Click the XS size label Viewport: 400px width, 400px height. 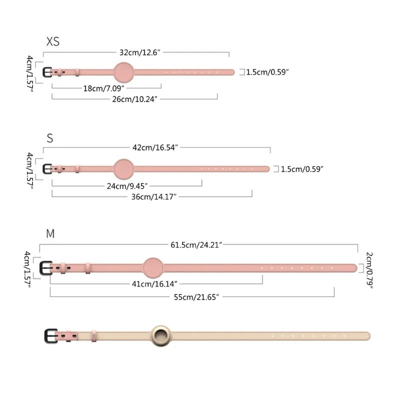52,41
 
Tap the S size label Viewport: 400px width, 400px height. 49,138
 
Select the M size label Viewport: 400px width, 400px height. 50,233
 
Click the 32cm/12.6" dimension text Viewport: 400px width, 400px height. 139,52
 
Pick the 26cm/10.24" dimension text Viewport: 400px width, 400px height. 134,99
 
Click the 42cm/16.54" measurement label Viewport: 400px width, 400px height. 155,147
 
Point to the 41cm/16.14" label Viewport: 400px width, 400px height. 155,283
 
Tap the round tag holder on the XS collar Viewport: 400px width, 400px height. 124,72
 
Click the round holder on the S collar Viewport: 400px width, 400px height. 124,169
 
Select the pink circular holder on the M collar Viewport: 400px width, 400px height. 153,267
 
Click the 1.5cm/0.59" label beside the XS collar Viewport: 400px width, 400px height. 267,72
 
